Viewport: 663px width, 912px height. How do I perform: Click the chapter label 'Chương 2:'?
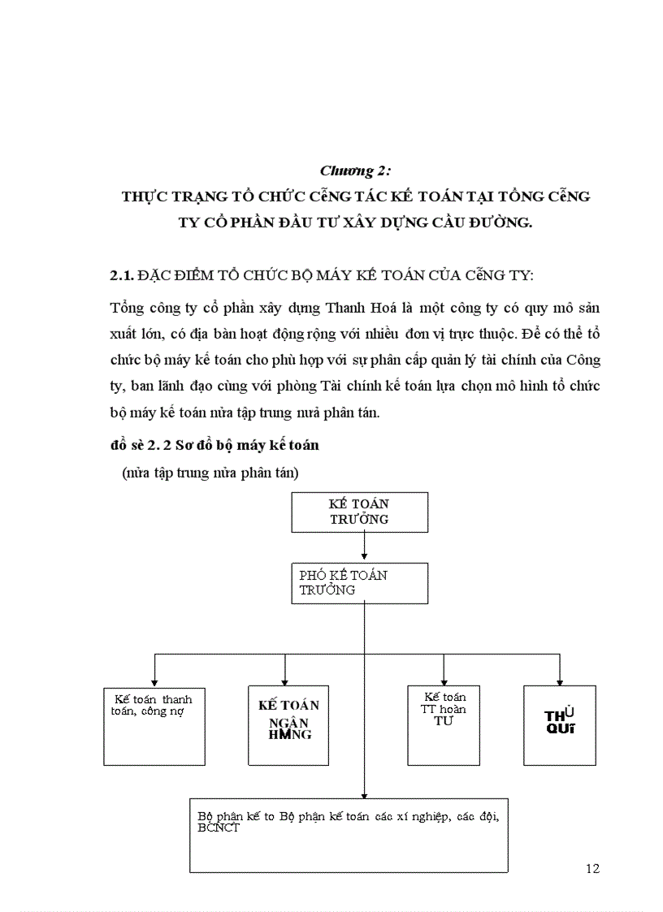(355, 171)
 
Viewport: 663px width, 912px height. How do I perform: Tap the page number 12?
(592, 868)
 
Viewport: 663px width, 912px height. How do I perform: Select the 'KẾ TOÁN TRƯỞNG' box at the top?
(360, 512)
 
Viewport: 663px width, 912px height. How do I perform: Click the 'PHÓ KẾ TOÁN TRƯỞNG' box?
(360, 583)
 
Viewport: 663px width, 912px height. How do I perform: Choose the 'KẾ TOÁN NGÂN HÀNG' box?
(288, 725)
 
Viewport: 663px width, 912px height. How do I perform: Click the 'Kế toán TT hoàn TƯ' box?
(444, 725)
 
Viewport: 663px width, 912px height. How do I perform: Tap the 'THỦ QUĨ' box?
(560, 725)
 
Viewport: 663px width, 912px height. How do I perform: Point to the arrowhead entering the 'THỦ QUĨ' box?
(560, 681)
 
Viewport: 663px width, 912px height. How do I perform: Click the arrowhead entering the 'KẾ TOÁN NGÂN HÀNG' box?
(284, 681)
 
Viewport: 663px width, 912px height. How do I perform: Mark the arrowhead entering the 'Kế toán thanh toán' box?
(154, 681)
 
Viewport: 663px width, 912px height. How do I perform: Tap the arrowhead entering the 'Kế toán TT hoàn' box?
(444, 681)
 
